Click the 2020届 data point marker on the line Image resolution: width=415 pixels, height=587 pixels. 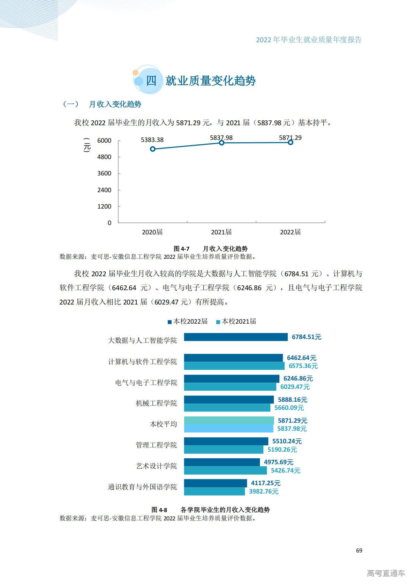point(152,149)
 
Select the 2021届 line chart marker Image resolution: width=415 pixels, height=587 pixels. point(221,143)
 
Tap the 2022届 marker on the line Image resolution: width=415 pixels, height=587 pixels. point(290,142)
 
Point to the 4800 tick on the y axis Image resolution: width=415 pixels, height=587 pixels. point(104,157)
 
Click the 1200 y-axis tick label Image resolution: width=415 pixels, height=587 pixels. point(104,206)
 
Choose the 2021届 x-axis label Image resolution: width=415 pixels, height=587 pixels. point(221,232)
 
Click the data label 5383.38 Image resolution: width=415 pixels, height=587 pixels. point(152,140)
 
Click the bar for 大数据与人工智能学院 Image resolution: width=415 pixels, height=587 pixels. point(236,337)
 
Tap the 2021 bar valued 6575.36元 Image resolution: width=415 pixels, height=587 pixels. point(234,366)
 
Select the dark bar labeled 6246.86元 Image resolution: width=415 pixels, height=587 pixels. point(232,378)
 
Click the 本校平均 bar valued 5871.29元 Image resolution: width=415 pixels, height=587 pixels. point(229,420)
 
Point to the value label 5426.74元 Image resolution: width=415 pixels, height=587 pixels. point(286,471)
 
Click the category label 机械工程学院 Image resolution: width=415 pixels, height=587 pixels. point(156,403)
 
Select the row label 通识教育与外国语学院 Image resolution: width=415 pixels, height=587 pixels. point(142,487)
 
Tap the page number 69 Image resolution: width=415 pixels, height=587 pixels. point(359,550)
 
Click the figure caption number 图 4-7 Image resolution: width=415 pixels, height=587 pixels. point(181,249)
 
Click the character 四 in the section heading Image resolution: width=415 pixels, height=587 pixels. point(151,81)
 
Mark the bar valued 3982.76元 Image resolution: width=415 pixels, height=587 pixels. point(214,491)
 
